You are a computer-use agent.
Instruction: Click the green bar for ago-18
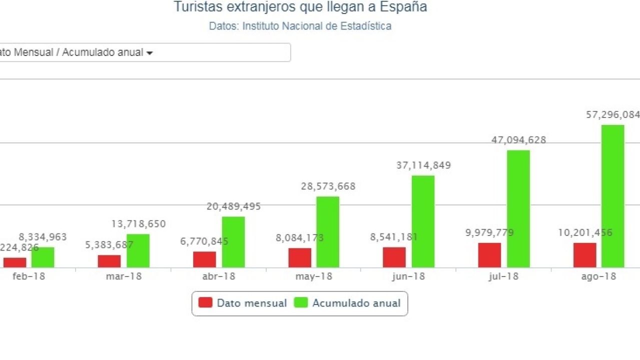point(612,196)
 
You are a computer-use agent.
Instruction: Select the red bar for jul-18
point(489,255)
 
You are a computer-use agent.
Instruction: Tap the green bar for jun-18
point(423,221)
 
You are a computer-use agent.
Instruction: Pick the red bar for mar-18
point(109,261)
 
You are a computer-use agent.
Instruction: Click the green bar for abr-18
point(233,242)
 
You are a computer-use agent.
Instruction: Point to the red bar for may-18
point(299,257)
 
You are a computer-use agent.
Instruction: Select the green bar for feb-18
point(43,257)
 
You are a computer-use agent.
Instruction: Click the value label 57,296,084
point(613,115)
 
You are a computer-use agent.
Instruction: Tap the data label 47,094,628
point(518,140)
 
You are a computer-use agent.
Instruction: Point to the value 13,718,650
point(138,224)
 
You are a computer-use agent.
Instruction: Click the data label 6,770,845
point(204,241)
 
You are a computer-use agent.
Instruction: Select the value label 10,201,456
point(585,232)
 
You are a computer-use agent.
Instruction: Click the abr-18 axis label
point(218,276)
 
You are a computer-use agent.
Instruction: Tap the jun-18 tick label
point(408,276)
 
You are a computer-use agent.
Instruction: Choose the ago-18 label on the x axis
point(598,276)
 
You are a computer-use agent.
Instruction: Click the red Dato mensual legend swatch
point(205,302)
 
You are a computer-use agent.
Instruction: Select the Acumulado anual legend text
point(356,303)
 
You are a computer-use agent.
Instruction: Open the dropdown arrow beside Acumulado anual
point(149,53)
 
